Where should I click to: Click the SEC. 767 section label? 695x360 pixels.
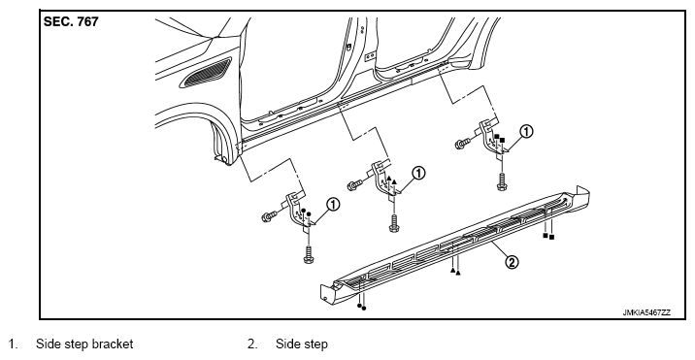tap(71, 21)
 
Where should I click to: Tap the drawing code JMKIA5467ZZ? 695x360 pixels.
tap(646, 312)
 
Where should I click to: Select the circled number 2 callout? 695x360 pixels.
tap(512, 262)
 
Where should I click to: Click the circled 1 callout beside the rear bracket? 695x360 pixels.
tap(526, 132)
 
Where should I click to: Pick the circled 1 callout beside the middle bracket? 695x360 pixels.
tap(419, 173)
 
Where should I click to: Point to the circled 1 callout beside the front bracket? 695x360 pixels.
tap(332, 205)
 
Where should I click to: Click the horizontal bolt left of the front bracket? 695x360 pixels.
tap(269, 216)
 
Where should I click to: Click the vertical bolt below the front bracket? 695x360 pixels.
tap(309, 254)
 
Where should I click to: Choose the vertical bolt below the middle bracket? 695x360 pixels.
tap(393, 222)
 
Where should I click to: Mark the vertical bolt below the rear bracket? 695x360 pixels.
tap(502, 182)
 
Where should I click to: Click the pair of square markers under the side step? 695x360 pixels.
tap(548, 237)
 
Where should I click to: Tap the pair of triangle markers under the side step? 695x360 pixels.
tap(455, 272)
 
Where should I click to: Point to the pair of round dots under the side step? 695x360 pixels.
tap(362, 307)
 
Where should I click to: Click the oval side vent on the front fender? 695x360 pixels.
tap(205, 72)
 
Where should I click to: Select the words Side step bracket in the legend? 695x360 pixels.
tap(84, 344)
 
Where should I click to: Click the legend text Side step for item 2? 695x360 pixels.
tap(302, 344)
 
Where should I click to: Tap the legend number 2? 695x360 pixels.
tap(251, 344)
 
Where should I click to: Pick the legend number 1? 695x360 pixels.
tap(14, 344)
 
